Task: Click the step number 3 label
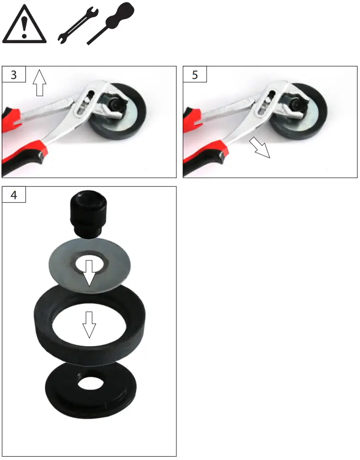13,75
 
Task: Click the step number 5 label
195,75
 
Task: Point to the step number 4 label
13,196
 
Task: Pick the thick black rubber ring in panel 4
53,327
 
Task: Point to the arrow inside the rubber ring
88,324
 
